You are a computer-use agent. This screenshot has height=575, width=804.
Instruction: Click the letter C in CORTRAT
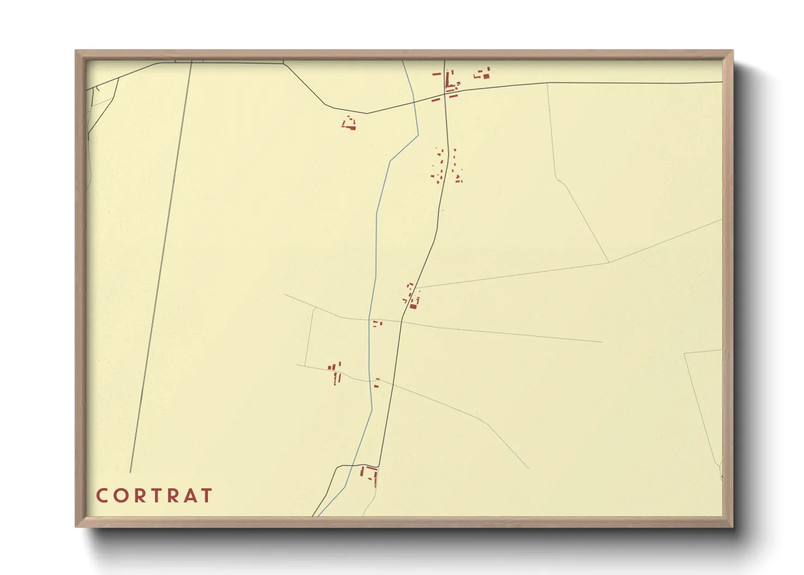[101, 496]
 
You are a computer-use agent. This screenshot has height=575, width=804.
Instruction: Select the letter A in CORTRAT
[187, 496]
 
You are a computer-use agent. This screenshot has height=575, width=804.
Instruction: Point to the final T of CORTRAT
[206, 496]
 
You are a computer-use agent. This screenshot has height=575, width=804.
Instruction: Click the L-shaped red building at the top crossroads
[450, 82]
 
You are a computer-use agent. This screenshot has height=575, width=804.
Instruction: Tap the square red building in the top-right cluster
[486, 76]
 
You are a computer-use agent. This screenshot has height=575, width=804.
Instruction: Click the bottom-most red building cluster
[369, 474]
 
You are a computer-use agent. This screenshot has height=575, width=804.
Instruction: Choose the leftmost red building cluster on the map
[335, 372]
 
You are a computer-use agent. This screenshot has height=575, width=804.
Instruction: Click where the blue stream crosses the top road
[414, 102]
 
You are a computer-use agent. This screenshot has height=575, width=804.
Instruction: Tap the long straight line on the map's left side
[161, 266]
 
